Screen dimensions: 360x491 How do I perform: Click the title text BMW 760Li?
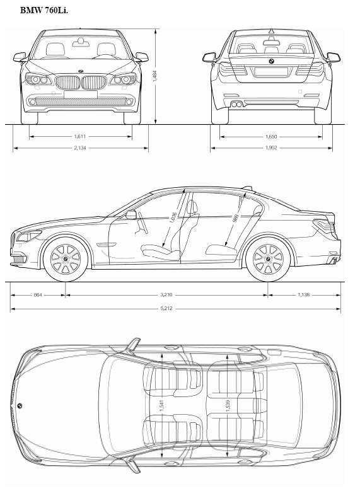[x=44, y=10]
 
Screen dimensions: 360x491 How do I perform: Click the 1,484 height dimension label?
[x=154, y=76]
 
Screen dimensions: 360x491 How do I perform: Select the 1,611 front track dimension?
[x=80, y=136]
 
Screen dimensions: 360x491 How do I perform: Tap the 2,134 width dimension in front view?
[x=80, y=147]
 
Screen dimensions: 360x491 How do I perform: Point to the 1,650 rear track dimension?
[x=271, y=137]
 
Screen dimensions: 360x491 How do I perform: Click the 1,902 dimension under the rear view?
[x=271, y=147]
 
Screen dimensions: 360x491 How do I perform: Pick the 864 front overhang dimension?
[x=38, y=294]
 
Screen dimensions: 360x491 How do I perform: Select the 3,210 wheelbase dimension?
[x=166, y=294]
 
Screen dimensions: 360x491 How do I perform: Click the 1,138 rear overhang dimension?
[x=304, y=294]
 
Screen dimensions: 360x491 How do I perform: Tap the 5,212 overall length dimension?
[x=166, y=308]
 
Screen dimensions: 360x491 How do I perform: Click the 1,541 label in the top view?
[x=161, y=405]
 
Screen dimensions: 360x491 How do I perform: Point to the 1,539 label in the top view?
[x=228, y=405]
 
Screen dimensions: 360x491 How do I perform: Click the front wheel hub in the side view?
[x=66, y=259]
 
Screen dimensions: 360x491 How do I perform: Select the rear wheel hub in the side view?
[x=268, y=259]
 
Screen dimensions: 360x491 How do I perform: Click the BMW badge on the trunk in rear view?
[x=271, y=61]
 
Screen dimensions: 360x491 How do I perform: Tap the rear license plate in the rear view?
[x=271, y=72]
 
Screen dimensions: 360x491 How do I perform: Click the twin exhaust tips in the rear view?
[x=237, y=104]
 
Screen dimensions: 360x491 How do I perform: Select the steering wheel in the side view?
[x=142, y=222]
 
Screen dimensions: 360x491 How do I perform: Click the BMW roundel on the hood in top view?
[x=20, y=405]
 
